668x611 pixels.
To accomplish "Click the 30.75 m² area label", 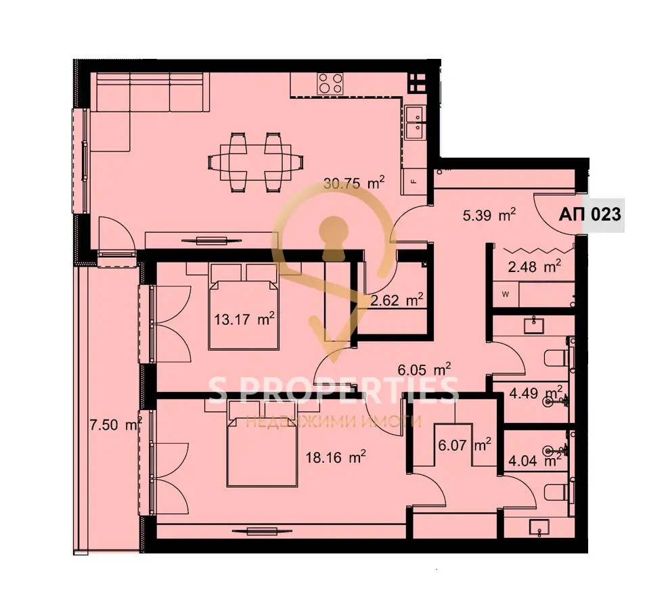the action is (x=354, y=183).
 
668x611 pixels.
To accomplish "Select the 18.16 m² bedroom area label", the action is (x=336, y=457).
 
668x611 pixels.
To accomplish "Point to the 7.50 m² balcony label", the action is (x=116, y=424).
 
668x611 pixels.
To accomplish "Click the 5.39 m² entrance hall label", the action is (x=489, y=215).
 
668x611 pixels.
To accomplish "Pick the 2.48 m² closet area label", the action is (x=534, y=267).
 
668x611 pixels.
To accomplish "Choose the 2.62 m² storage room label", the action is (x=397, y=300).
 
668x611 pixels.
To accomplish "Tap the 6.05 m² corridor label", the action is (x=424, y=369).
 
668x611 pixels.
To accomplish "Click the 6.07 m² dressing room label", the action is (x=464, y=445).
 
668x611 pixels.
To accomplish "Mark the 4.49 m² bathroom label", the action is (x=536, y=392).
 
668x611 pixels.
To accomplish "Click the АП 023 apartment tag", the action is (x=589, y=214).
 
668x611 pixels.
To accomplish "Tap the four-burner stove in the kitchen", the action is (x=330, y=83).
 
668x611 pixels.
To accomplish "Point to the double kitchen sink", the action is (x=414, y=122).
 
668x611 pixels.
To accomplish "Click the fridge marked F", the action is (x=414, y=181).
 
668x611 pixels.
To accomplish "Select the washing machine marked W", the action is (x=506, y=294).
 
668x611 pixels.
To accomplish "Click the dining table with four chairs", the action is (x=256, y=162).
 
